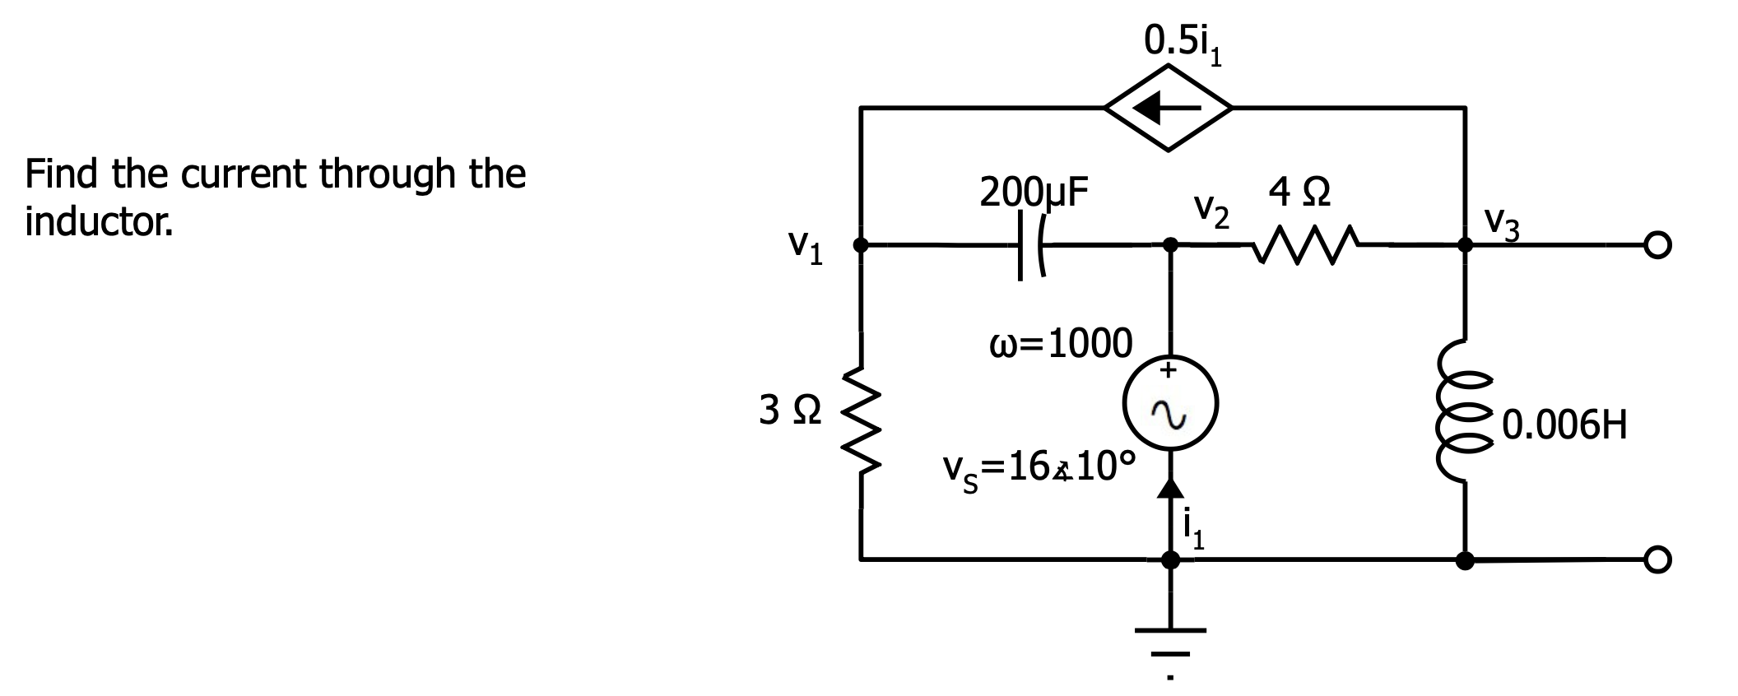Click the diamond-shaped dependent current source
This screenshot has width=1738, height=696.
[x=1169, y=107]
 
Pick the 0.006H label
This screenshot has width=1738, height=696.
[x=1564, y=425]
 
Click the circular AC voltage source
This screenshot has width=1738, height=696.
[x=1170, y=405]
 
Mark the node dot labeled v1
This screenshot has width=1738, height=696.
[x=861, y=244]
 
